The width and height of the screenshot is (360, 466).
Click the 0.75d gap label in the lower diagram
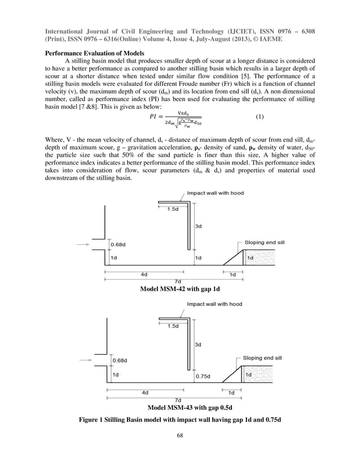202,375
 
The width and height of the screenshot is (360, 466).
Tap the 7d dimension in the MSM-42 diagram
177,281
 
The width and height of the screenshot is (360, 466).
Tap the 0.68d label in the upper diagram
118,245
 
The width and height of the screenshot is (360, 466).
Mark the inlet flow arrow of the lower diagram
85,359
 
